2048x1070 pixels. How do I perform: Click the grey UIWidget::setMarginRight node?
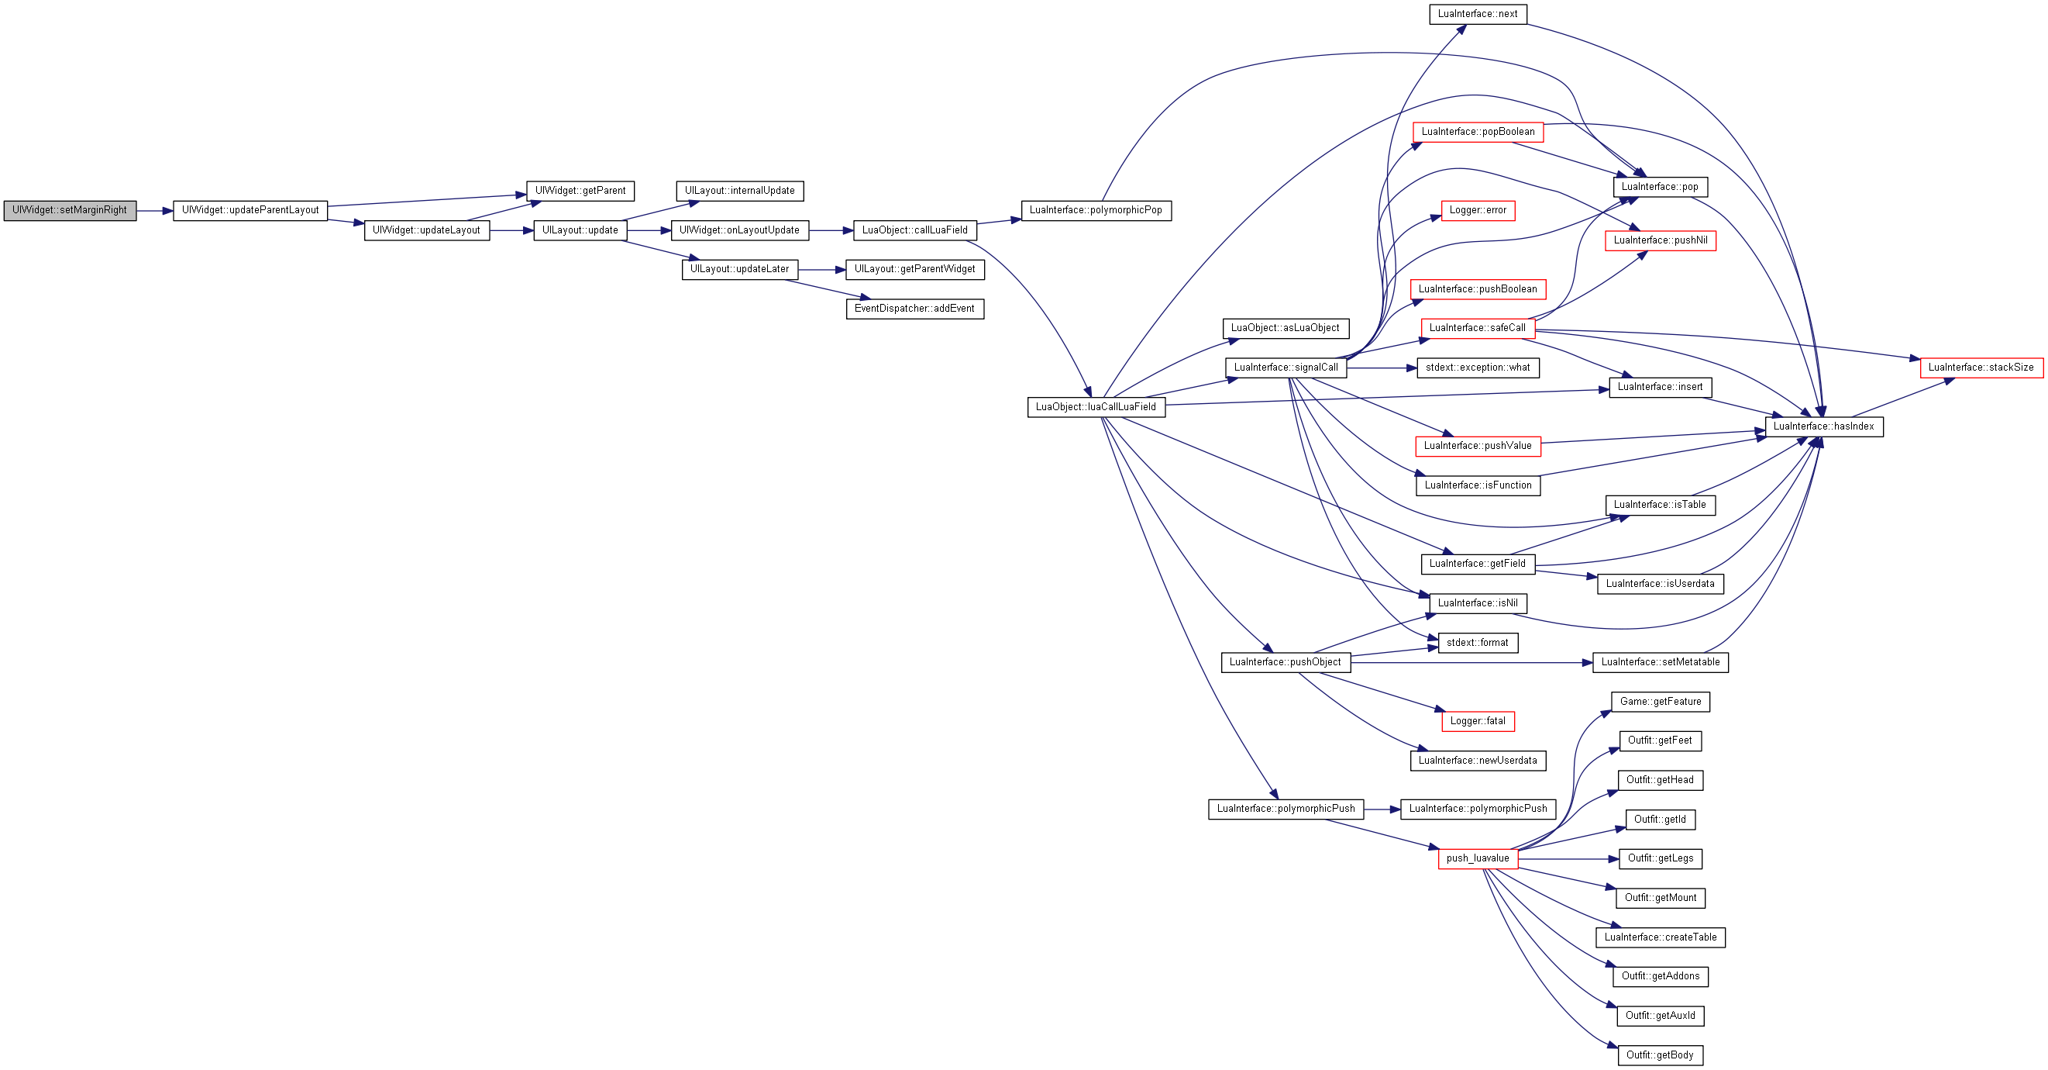tap(70, 211)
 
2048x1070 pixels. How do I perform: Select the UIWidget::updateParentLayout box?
tap(250, 211)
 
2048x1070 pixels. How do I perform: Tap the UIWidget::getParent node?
tap(580, 191)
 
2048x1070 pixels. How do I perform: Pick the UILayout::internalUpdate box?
tap(739, 191)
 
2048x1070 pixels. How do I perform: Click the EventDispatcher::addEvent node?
tap(914, 309)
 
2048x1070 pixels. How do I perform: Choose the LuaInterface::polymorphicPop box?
tap(1096, 211)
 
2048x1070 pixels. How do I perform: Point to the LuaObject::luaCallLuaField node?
tap(1096, 407)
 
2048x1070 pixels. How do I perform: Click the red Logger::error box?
tap(1477, 211)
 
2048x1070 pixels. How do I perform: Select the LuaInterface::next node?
tap(1477, 14)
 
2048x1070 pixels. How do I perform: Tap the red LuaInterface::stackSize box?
tap(1981, 368)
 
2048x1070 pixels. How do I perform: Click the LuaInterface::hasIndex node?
tap(1824, 426)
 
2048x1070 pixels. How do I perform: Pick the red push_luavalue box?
tap(1477, 858)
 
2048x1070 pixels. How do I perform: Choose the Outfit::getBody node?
tap(1660, 1056)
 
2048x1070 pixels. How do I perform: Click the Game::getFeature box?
tap(1660, 702)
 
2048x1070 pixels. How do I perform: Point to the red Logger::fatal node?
tap(1477, 722)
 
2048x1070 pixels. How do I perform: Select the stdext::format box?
tap(1477, 643)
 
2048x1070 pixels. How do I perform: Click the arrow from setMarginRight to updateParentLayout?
tap(155, 211)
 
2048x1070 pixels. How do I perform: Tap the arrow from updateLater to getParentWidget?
tap(822, 270)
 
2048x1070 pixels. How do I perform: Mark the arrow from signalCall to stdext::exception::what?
tap(1382, 368)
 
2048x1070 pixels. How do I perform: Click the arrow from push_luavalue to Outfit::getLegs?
tap(1568, 859)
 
